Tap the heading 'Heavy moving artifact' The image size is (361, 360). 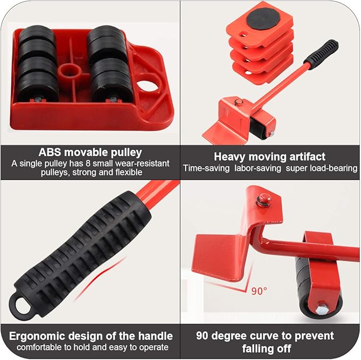[x=270, y=156]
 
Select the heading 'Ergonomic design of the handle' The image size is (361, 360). [x=90, y=336]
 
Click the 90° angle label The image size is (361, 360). [x=259, y=291]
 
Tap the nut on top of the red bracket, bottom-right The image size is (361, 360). [x=262, y=200]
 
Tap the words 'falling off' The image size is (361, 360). [x=270, y=348]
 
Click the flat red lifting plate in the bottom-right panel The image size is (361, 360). [x=218, y=252]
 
